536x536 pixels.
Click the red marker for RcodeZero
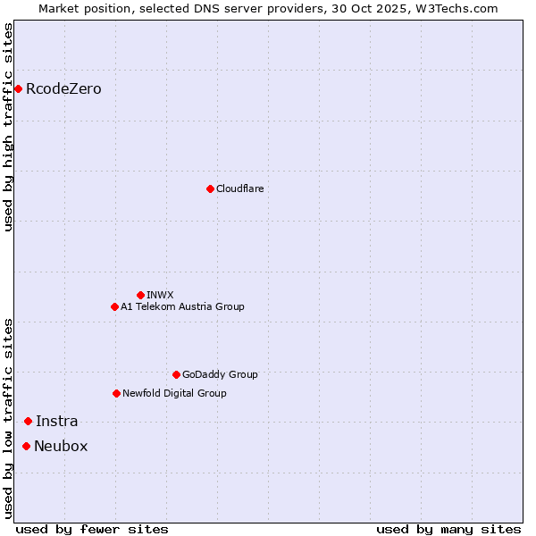[x=18, y=88]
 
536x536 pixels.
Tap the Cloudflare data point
[x=210, y=188]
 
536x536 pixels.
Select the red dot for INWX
[x=140, y=295]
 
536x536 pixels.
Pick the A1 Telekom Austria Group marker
[x=114, y=306]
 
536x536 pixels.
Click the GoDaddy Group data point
[x=176, y=374]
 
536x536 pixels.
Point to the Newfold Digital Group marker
[x=116, y=393]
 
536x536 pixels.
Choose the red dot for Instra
[x=28, y=421]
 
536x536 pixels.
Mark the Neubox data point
[x=26, y=446]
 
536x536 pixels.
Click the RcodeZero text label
[x=63, y=89]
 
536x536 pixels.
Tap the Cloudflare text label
[x=239, y=188]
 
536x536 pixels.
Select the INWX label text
[x=160, y=295]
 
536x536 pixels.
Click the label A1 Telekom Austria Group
[x=182, y=306]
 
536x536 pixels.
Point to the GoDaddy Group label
[x=220, y=374]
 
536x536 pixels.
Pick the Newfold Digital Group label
[x=174, y=393]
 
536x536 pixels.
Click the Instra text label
[x=56, y=422]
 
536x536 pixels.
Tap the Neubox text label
[x=61, y=447]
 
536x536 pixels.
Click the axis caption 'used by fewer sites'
[x=92, y=529]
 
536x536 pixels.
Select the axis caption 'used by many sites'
[x=448, y=529]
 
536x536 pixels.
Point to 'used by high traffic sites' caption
[x=8, y=127]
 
